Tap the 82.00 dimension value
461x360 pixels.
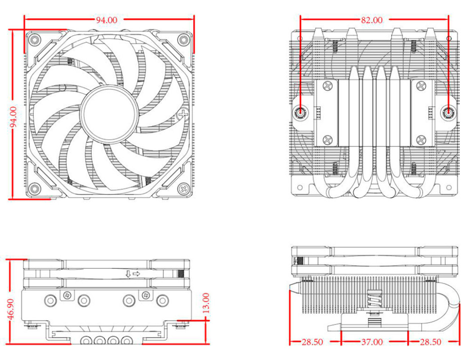pos(371,20)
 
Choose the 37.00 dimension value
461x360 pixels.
pos(372,342)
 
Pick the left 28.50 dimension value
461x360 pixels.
pos(312,342)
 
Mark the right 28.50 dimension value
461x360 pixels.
pos(430,342)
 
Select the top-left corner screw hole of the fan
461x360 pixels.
pos(35,40)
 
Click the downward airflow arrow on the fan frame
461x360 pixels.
pos(128,274)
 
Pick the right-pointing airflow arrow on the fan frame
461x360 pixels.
pos(136,274)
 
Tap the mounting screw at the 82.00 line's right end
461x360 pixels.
pos(448,112)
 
